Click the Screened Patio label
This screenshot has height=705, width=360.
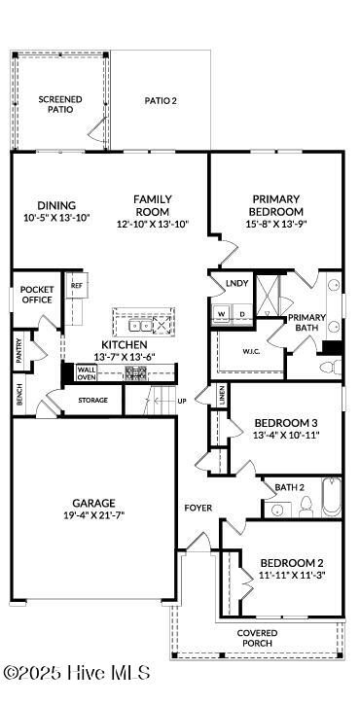[x=59, y=104]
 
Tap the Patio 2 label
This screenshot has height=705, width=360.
[x=161, y=100]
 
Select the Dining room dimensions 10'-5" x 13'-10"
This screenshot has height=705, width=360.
[x=56, y=219]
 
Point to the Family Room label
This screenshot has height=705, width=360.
[x=153, y=205]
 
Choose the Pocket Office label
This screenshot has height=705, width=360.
[x=37, y=294]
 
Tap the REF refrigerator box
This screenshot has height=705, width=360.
[x=76, y=286]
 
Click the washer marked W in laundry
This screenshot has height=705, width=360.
[x=222, y=313]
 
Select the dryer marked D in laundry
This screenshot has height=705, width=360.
[x=240, y=313]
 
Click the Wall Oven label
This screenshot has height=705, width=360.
[x=87, y=374]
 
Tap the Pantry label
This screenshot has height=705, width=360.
[x=18, y=352]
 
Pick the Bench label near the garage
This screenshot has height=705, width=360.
[x=18, y=394]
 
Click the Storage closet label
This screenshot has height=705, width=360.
[x=93, y=399]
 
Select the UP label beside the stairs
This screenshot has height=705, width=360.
[x=181, y=400]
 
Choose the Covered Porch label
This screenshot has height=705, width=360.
[x=257, y=638]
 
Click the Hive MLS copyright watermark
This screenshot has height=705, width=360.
[x=77, y=673]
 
